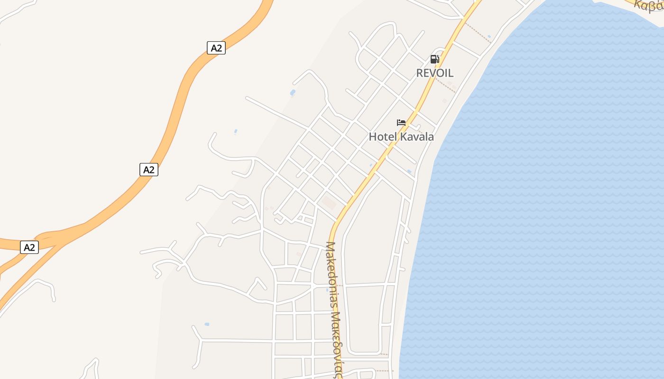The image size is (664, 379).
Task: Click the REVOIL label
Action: pos(434,73)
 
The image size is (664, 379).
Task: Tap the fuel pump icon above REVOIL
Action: pos(434,59)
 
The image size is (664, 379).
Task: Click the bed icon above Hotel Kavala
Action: pos(401,123)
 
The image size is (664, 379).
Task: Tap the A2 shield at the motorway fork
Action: pos(29,247)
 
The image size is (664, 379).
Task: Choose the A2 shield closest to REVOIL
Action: pos(216,48)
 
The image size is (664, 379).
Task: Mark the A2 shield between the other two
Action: pos(148,170)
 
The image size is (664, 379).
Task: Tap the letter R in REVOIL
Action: pos(420,73)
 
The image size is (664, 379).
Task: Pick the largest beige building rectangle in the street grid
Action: pos(329,203)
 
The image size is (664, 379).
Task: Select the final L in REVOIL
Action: pos(450,73)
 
